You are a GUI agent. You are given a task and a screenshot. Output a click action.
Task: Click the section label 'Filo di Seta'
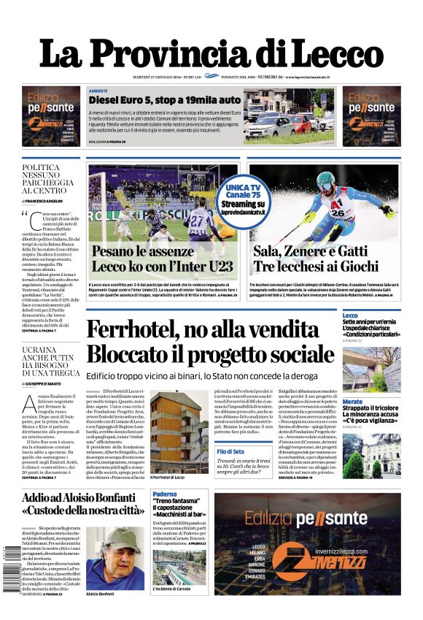[x=230, y=452]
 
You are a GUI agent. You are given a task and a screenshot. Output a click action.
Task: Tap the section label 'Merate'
[x=353, y=402]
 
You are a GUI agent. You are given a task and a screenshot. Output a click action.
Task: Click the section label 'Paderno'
[x=164, y=495]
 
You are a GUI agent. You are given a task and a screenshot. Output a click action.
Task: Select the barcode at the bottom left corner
[x=8, y=567]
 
